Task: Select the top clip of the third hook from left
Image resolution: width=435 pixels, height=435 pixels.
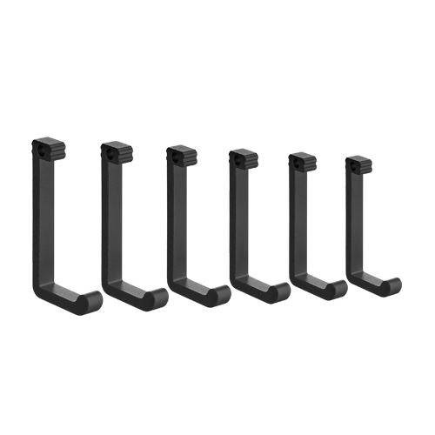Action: [181, 157]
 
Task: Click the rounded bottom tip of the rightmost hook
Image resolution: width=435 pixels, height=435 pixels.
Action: [387, 293]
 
